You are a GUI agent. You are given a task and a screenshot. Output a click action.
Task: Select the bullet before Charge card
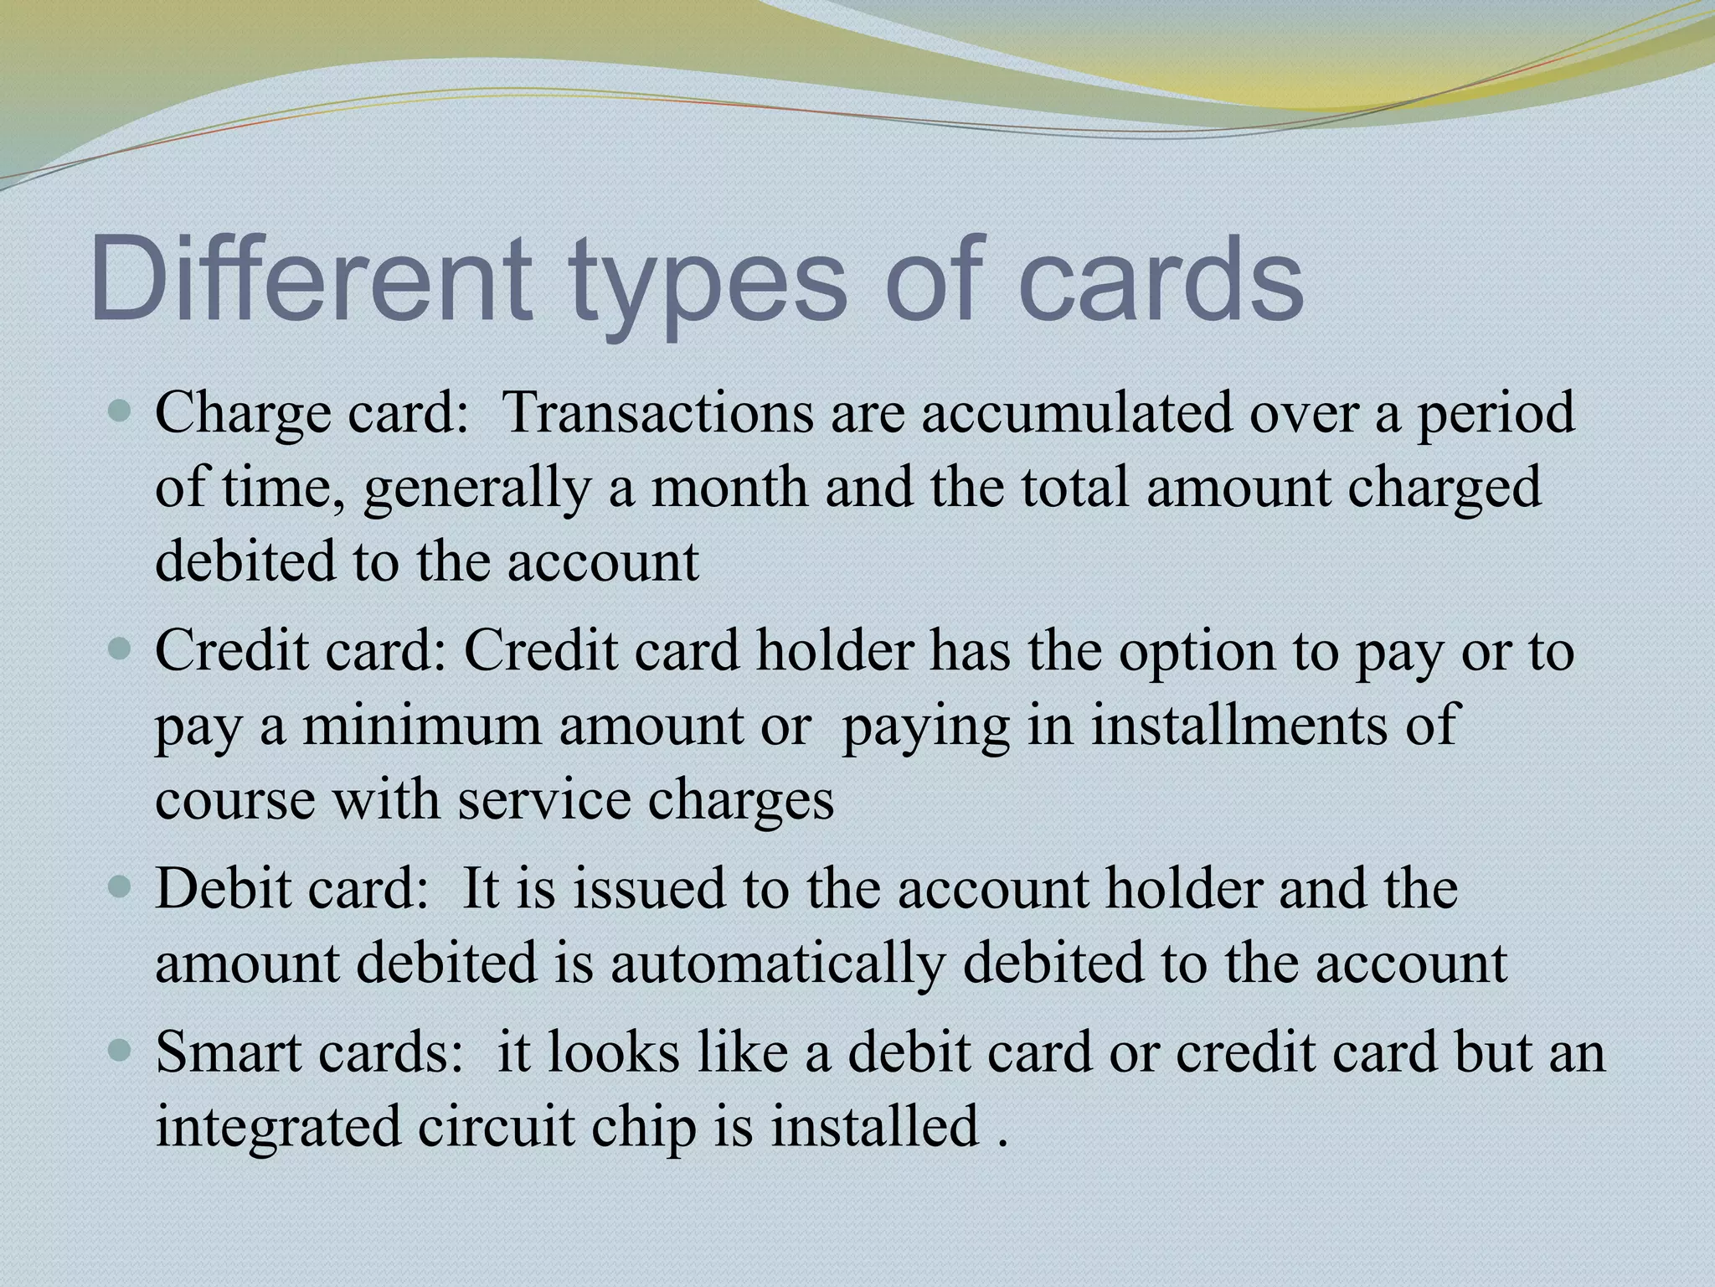pyautogui.click(x=121, y=411)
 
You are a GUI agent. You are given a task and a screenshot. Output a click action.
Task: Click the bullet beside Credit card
pyautogui.click(x=121, y=649)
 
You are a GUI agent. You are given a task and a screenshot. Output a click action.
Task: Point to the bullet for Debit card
pyautogui.click(x=121, y=887)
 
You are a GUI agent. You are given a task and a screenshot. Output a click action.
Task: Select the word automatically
pyautogui.click(x=777, y=964)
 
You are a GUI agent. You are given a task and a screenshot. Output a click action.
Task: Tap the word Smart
pyautogui.click(x=218, y=1052)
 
